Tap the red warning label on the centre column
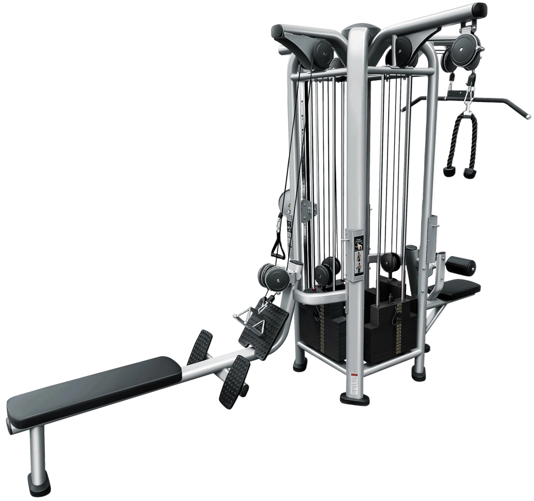click(x=354, y=375)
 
